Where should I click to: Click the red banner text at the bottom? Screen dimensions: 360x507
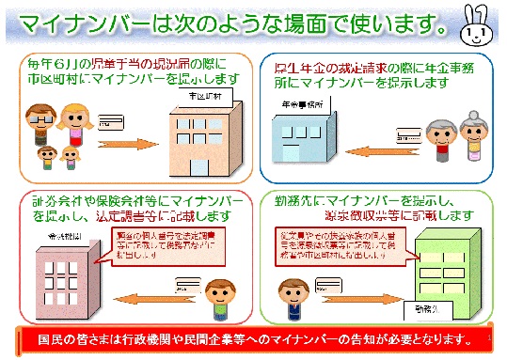tap(253, 338)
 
